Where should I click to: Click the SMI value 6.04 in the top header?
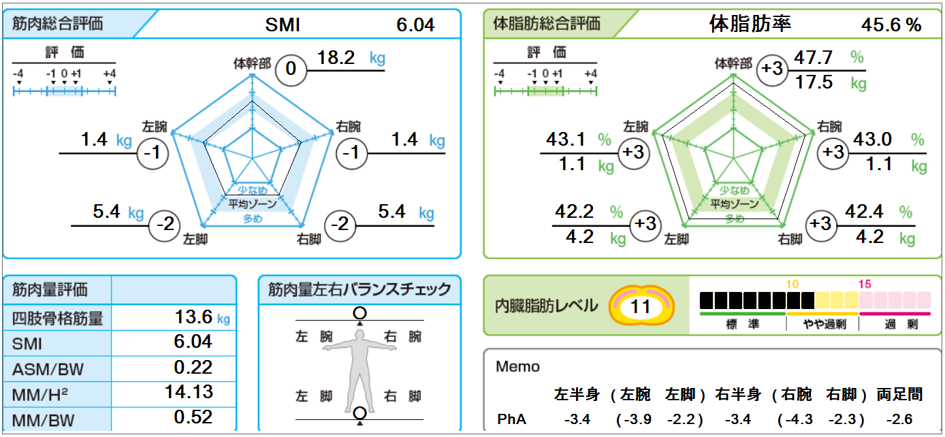tap(415, 25)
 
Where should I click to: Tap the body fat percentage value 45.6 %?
tap(891, 25)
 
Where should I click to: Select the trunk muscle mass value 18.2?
tap(336, 59)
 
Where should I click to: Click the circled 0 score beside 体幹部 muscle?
tap(291, 69)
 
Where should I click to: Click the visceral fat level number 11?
tap(640, 306)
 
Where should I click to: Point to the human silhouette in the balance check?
tap(359, 368)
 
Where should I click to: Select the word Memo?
tap(517, 367)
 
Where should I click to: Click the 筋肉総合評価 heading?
tap(58, 23)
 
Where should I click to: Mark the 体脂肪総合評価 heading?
tap(547, 23)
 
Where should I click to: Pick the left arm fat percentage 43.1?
tap(566, 140)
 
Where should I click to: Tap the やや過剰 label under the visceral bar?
tap(822, 325)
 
